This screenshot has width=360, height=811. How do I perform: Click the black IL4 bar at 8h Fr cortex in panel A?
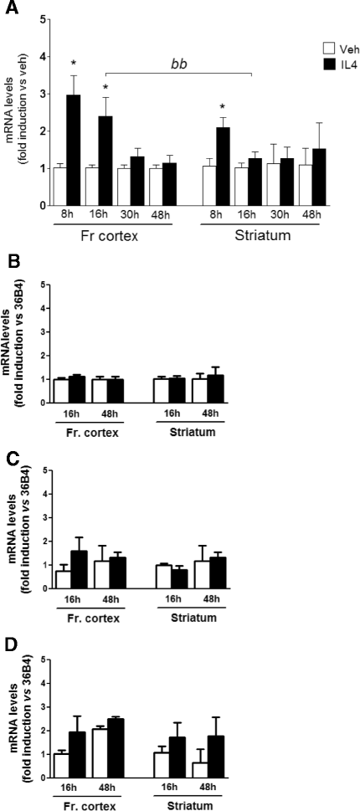74,150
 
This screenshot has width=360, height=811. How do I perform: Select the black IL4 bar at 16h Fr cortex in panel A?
105,161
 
